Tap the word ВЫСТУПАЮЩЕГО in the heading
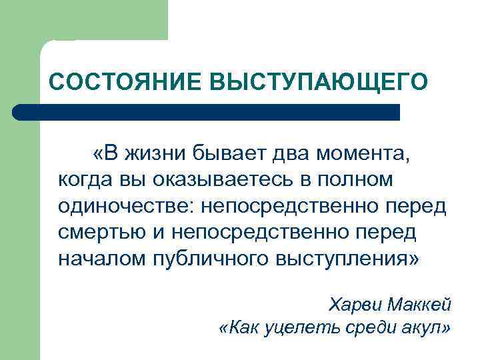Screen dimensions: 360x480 (315, 81)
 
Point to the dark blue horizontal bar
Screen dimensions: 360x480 (207, 112)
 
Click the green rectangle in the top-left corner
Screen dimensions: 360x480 (83, 20)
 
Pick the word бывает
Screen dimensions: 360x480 (226, 155)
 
